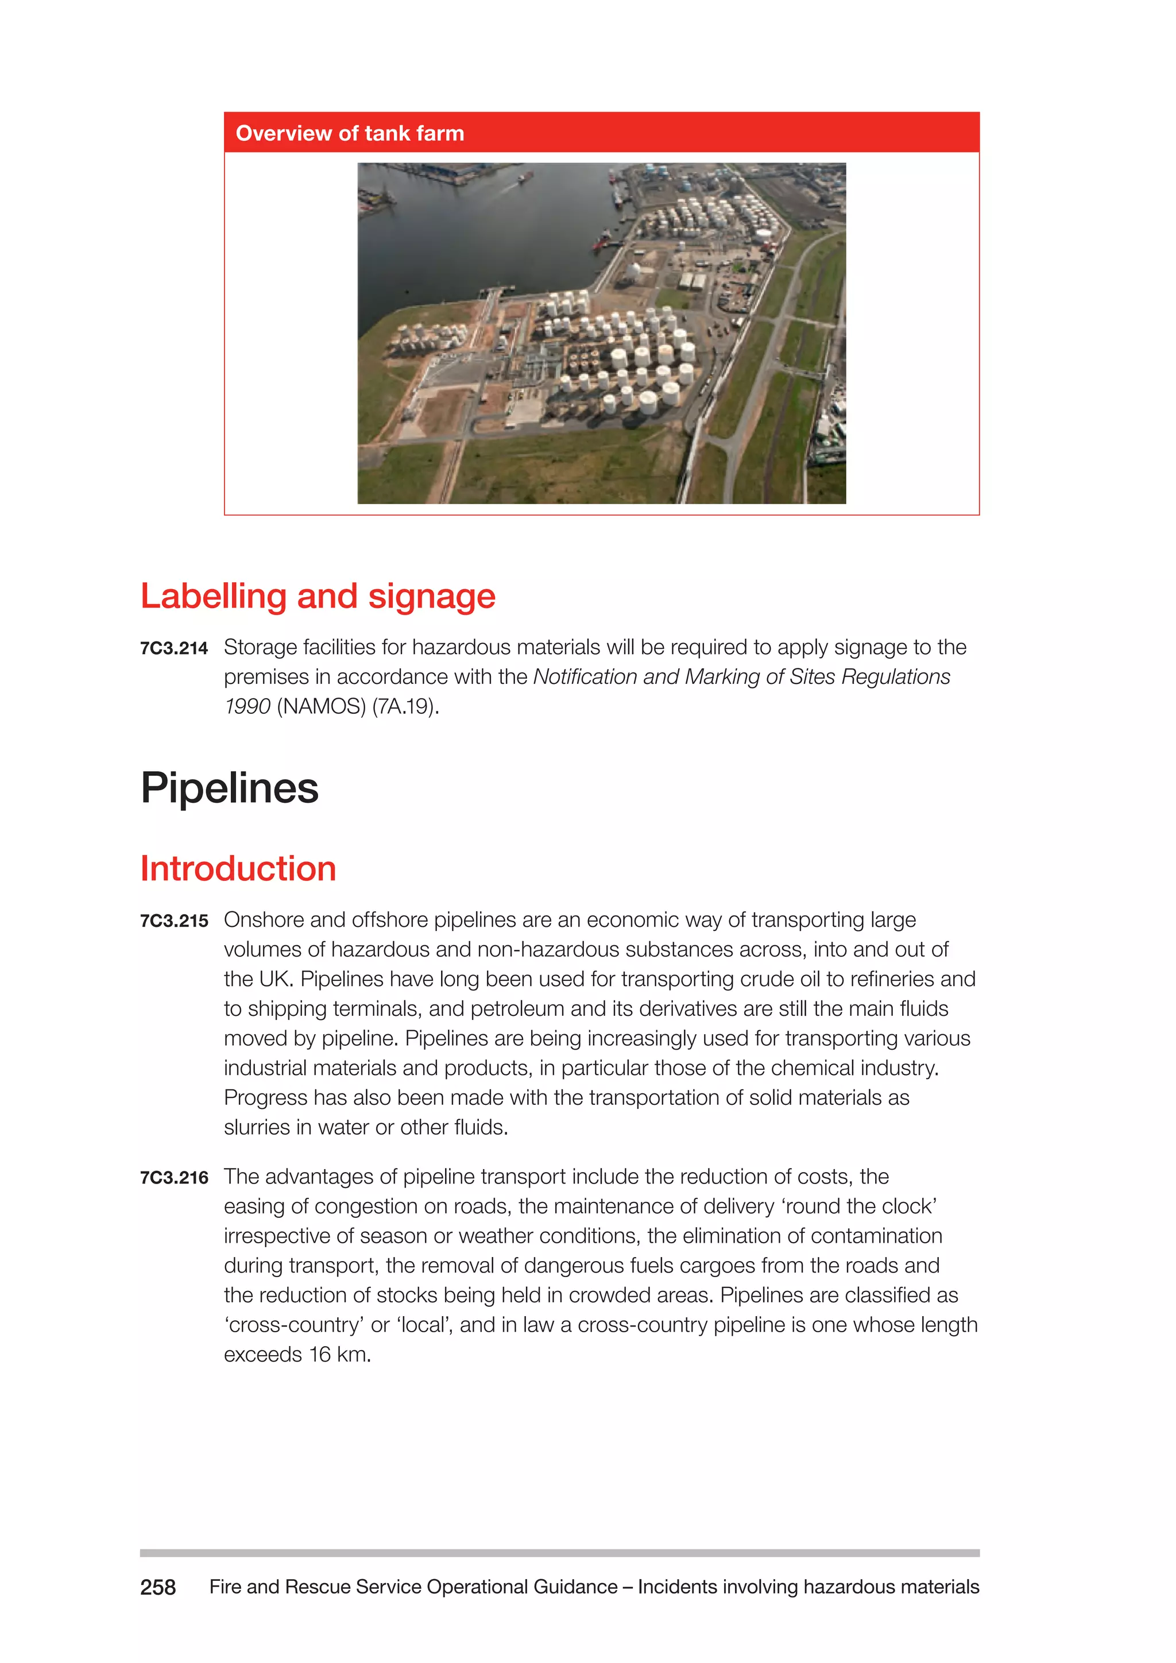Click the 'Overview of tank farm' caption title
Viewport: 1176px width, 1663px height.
[x=350, y=133]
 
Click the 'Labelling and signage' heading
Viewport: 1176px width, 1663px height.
[x=318, y=596]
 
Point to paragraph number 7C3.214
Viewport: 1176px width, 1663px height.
[x=174, y=648]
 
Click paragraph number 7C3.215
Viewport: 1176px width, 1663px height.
[x=174, y=921]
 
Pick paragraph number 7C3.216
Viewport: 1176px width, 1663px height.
[x=174, y=1178]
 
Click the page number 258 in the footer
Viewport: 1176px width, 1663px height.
[x=158, y=1588]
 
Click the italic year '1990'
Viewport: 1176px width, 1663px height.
[x=247, y=706]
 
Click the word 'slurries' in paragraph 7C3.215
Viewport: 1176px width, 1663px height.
[x=256, y=1128]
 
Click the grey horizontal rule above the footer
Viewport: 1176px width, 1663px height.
[x=559, y=1553]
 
